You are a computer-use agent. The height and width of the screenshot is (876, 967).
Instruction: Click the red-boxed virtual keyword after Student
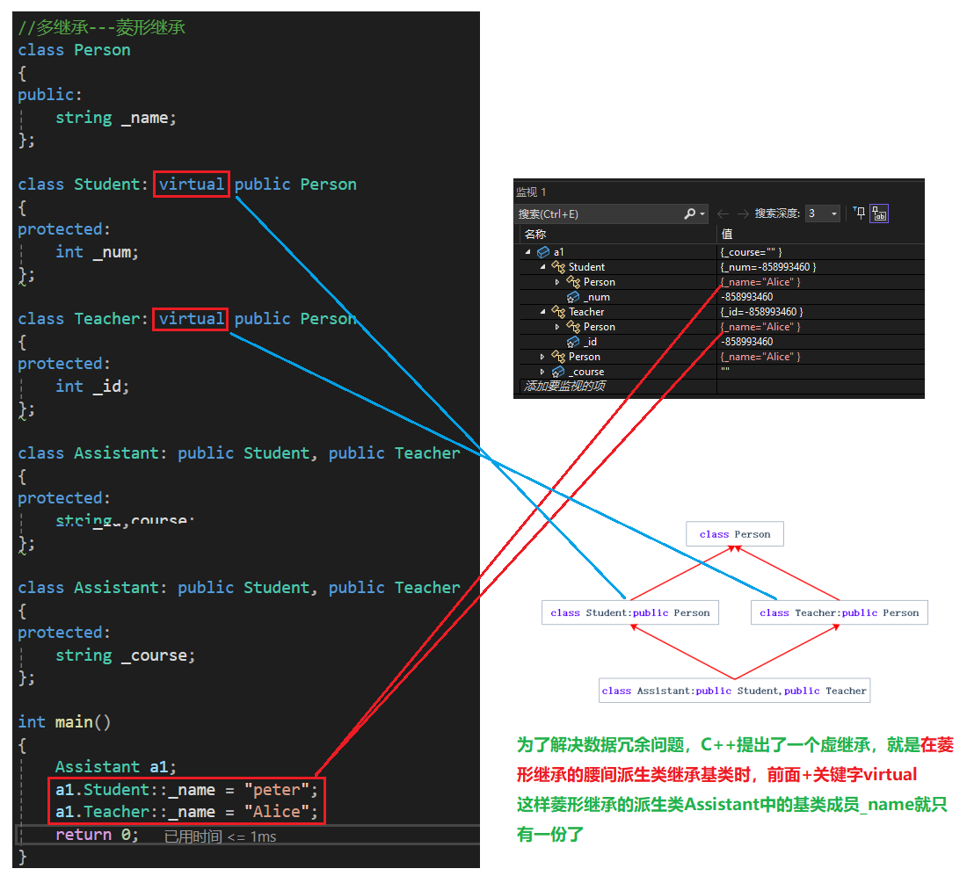click(192, 185)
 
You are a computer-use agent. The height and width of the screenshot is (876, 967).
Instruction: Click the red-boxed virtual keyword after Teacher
click(191, 319)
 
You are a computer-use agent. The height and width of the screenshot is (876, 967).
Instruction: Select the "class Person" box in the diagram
click(734, 534)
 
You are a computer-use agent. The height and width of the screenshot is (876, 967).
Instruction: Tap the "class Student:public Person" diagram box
click(629, 613)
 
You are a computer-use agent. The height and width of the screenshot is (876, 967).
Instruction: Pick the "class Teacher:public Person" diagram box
click(839, 613)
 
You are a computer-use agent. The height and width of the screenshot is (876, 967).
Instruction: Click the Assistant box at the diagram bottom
click(734, 691)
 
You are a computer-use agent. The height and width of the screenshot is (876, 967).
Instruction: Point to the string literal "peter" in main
click(276, 789)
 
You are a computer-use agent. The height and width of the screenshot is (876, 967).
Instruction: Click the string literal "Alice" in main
click(276, 812)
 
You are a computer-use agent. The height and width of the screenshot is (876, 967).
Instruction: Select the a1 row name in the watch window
click(559, 252)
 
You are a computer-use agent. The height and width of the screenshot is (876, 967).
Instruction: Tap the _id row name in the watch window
click(590, 342)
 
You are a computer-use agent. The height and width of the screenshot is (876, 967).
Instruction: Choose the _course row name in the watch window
click(586, 372)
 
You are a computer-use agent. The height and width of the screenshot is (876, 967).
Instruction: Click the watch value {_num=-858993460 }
click(767, 267)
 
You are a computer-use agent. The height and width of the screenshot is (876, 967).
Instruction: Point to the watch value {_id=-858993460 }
click(761, 312)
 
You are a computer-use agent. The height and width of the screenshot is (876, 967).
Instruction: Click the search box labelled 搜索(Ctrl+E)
click(598, 214)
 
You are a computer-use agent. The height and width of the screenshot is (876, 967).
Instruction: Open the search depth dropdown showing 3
click(823, 214)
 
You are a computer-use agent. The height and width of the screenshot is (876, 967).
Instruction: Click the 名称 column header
click(535, 235)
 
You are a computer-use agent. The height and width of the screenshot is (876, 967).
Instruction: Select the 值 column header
click(727, 235)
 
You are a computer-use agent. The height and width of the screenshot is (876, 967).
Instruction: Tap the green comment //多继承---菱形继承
click(102, 28)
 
